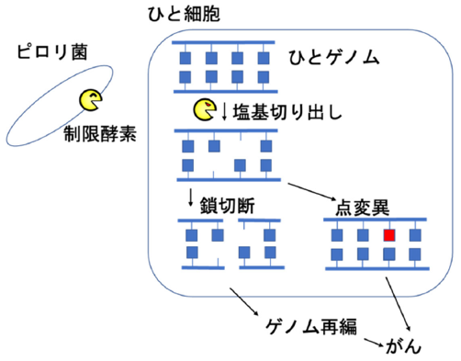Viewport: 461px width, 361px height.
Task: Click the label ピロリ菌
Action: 52,51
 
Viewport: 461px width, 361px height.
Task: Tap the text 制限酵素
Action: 100,134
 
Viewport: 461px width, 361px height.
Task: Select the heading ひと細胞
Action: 184,14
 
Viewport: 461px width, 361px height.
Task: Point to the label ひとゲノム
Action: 334,58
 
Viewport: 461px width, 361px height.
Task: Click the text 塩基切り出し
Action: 287,112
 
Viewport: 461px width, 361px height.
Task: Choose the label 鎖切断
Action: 227,206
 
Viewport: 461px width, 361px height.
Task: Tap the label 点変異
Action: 362,209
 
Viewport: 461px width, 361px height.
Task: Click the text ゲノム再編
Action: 311,326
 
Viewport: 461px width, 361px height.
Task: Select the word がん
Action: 404,346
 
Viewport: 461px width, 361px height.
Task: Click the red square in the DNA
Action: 389,235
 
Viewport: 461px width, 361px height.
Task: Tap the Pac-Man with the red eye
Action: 205,109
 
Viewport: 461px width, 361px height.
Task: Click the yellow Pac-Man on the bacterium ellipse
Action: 91,100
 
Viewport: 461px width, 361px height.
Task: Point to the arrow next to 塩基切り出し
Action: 224,112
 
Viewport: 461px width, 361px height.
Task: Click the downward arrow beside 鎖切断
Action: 191,197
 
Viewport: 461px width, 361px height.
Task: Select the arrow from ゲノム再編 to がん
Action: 374,343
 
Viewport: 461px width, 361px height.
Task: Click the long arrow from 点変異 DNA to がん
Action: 398,304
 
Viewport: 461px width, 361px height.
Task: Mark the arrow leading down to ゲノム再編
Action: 244,301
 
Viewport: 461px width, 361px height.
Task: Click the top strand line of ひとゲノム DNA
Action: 223,42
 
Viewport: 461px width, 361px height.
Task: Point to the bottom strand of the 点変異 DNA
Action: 377,268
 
